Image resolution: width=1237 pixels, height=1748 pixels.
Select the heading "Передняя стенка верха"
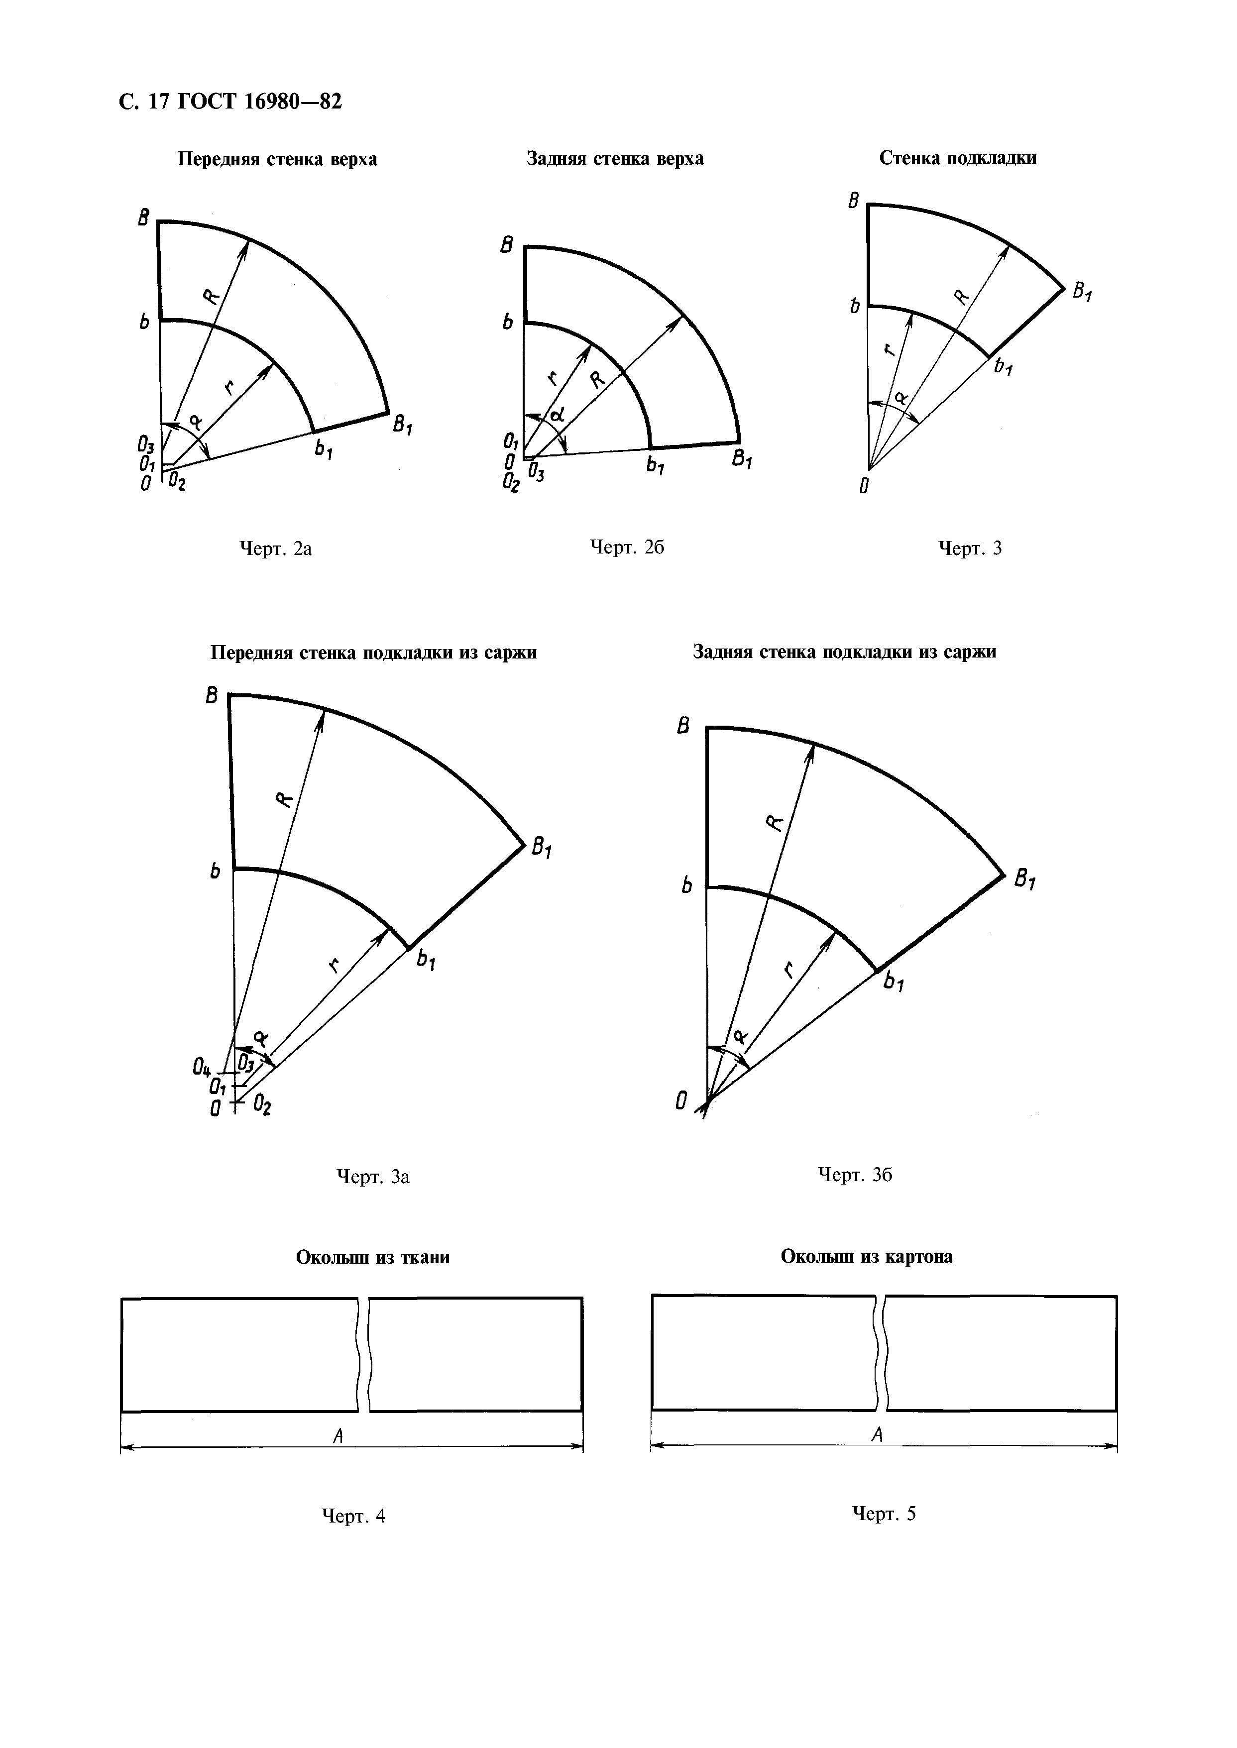[277, 159]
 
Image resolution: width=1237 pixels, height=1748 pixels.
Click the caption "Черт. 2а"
[276, 548]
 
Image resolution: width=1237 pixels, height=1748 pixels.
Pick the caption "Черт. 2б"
[627, 547]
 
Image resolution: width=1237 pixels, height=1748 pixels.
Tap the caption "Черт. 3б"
[855, 1175]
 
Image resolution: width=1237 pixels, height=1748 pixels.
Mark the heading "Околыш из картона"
[866, 1257]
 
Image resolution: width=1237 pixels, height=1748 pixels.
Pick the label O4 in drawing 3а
[202, 1070]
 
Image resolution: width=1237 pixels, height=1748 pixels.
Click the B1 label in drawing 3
[1082, 292]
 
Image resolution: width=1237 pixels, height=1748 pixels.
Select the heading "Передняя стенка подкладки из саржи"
[373, 653]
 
